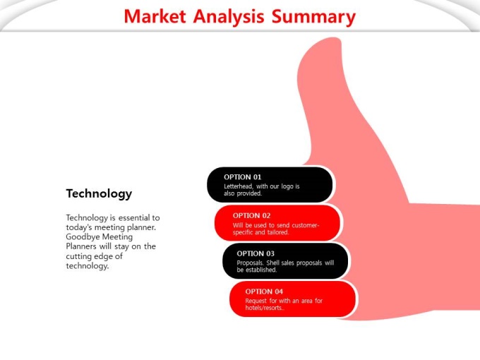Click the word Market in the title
(x=155, y=16)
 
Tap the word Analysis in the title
(x=229, y=17)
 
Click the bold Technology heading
(x=99, y=194)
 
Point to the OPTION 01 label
(x=242, y=177)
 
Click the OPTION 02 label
(x=251, y=215)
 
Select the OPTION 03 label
(x=256, y=253)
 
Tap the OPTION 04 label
(x=264, y=292)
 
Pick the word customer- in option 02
(x=306, y=225)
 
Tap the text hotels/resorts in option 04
(x=265, y=308)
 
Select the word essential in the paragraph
(x=133, y=217)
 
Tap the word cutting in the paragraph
(x=79, y=256)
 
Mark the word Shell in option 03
(x=272, y=263)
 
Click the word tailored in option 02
(x=277, y=232)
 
